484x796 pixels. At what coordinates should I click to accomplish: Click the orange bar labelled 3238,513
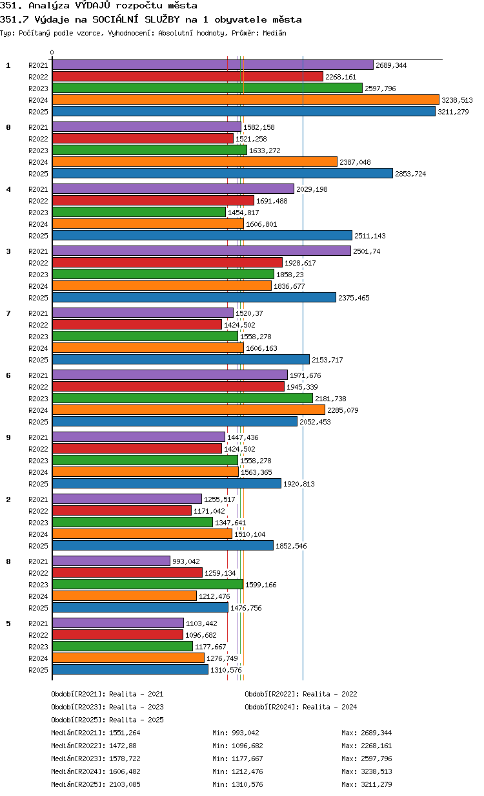click(x=245, y=100)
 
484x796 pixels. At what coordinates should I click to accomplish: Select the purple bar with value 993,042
click(x=111, y=561)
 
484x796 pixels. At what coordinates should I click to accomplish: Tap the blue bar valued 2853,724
click(x=223, y=173)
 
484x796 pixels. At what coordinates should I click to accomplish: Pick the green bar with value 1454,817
click(x=139, y=212)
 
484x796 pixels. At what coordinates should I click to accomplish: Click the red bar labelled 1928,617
click(x=167, y=262)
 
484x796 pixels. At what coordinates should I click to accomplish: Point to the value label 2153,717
click(x=327, y=360)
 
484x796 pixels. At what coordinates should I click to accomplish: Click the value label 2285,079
click(x=343, y=410)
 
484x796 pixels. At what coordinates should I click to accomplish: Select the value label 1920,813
click(x=299, y=484)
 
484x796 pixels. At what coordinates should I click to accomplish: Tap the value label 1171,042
click(x=209, y=511)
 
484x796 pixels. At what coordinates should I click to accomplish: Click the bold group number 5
click(x=8, y=623)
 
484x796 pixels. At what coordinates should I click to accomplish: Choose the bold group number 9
click(x=8, y=437)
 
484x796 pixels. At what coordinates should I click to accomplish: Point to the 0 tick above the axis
click(x=52, y=52)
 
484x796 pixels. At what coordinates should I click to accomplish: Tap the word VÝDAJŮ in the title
click(x=93, y=5)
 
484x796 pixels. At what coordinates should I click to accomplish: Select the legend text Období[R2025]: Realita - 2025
click(x=108, y=720)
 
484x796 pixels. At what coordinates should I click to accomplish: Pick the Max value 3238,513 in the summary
click(x=376, y=771)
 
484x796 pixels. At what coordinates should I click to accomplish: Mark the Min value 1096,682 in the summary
click(x=247, y=746)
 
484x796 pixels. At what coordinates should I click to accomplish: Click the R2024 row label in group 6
click(x=38, y=410)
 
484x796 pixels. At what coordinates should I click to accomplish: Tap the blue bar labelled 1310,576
click(x=130, y=669)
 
